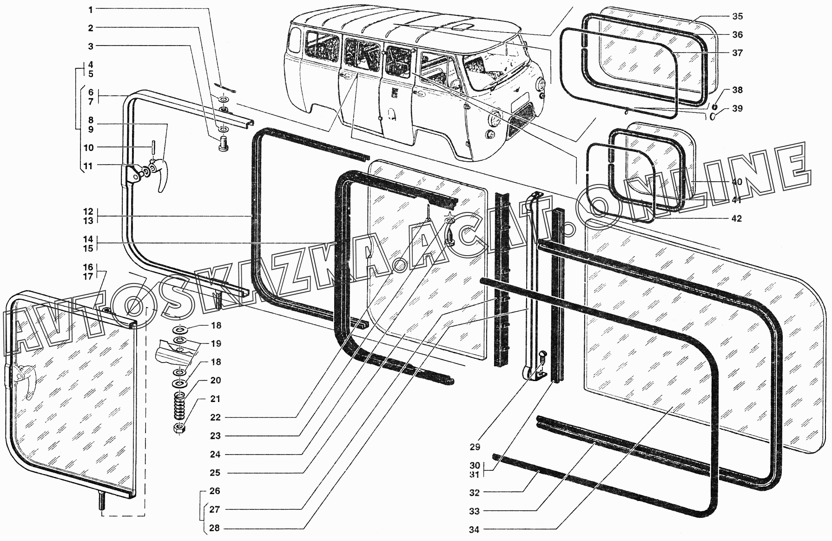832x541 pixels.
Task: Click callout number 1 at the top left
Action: (x=91, y=9)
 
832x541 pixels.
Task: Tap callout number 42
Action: (x=737, y=218)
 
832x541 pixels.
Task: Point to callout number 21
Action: (x=215, y=399)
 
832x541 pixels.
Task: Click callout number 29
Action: (x=475, y=447)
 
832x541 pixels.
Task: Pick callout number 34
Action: (x=474, y=529)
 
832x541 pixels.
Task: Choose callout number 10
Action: (x=88, y=148)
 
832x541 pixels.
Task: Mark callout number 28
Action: (x=214, y=528)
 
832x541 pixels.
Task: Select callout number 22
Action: (x=215, y=417)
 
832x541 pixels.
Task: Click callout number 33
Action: (x=474, y=511)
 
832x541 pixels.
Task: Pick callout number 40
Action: (x=737, y=182)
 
